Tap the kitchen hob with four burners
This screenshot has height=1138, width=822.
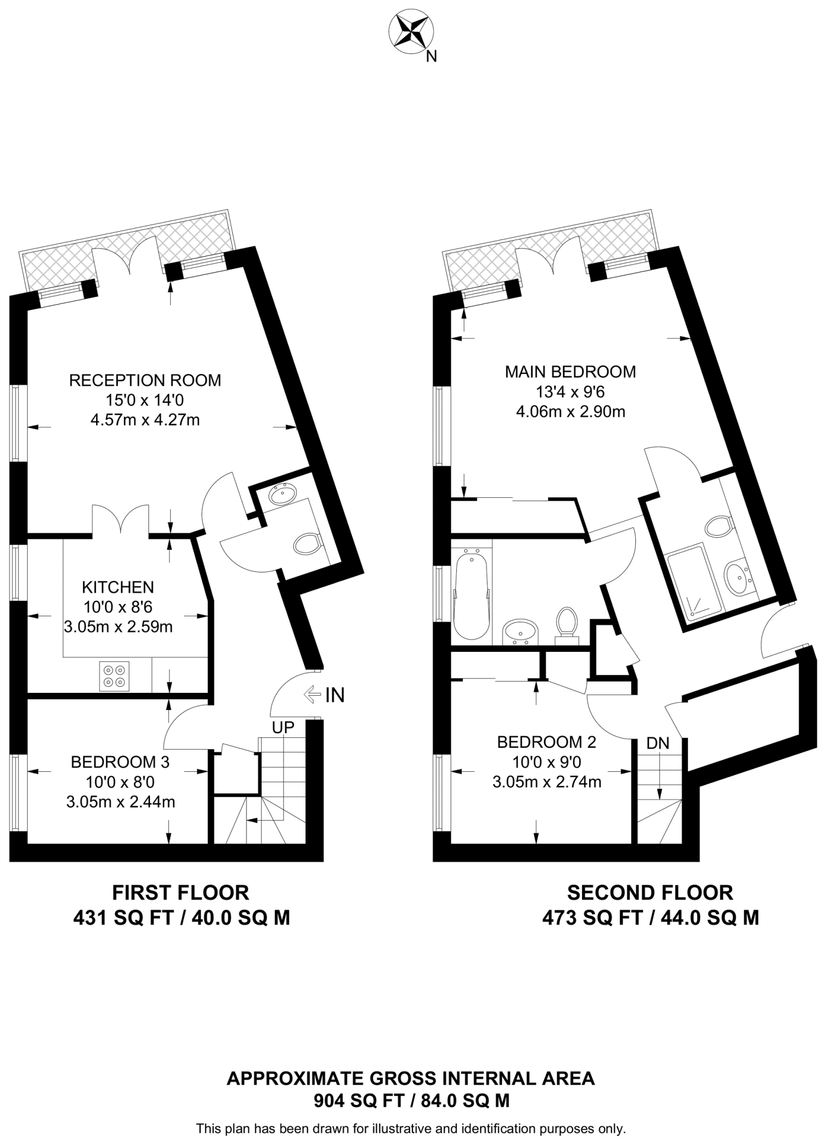[114, 676]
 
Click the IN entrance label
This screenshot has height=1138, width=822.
[335, 695]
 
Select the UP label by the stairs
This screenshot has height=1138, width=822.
[283, 727]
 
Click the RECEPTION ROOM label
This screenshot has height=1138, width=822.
[145, 381]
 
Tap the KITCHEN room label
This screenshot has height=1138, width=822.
[118, 587]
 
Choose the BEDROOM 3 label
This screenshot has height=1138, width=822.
[120, 762]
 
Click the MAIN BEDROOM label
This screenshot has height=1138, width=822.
[570, 372]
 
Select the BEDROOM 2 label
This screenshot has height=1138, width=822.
[546, 742]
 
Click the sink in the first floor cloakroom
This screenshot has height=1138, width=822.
[283, 493]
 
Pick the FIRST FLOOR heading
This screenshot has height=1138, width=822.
[181, 893]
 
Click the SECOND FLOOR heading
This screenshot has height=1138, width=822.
[650, 893]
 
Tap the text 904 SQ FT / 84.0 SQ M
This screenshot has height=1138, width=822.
[411, 1100]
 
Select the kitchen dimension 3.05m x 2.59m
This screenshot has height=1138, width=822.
[118, 627]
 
